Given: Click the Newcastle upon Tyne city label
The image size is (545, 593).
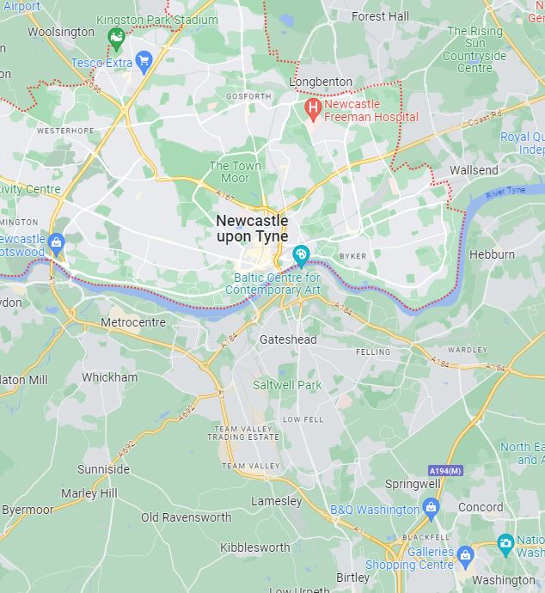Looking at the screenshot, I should (x=252, y=229).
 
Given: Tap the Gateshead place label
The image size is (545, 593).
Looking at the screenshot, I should (x=288, y=339).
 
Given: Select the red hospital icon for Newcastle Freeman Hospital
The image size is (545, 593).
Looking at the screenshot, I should (x=313, y=109).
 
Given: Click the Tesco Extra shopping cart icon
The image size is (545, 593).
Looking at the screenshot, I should (x=144, y=60).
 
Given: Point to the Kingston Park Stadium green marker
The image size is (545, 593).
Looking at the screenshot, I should (x=116, y=36).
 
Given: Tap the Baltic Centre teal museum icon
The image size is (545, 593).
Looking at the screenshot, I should (x=301, y=254).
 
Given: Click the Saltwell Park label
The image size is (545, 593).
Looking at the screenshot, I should (x=287, y=385).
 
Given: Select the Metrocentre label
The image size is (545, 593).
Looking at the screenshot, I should (x=132, y=322).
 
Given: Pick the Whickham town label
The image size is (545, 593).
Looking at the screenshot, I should (x=109, y=377).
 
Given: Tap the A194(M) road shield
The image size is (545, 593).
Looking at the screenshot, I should (x=444, y=470).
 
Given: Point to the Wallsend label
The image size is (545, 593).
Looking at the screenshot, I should (x=474, y=170).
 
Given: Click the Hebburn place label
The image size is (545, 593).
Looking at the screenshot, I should (x=492, y=254).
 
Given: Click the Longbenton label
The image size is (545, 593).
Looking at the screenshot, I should (x=321, y=82).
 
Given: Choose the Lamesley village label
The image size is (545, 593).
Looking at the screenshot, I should (x=276, y=501).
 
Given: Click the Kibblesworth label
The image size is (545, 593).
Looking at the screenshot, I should (x=254, y=547).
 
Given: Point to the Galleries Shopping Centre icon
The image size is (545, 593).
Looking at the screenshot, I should (x=465, y=555).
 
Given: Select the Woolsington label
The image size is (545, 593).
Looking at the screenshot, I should (x=60, y=32).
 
